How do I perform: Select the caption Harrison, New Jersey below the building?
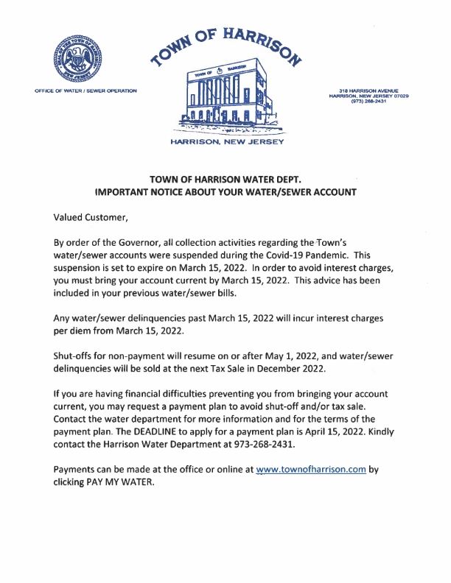(x=226, y=141)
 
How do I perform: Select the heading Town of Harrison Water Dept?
(x=226, y=179)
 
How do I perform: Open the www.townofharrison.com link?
(x=310, y=470)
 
